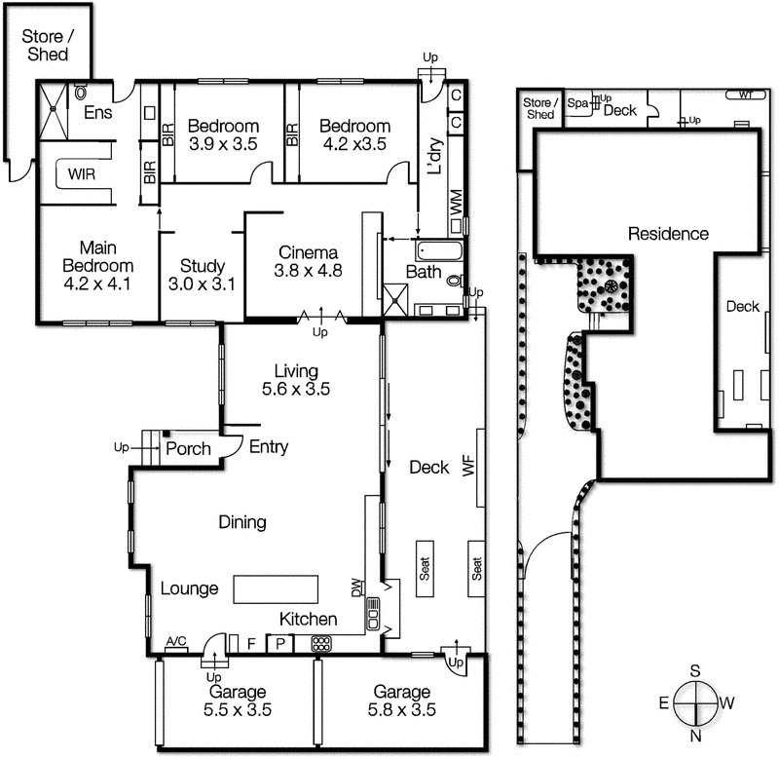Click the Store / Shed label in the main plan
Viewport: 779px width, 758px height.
tap(46, 46)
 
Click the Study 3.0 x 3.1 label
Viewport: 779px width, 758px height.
tap(203, 275)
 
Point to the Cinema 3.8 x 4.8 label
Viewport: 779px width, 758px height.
tap(310, 258)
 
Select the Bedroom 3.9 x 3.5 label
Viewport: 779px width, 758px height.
tap(223, 134)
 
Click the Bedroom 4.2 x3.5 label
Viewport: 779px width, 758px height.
tap(354, 134)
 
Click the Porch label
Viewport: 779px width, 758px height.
tap(188, 449)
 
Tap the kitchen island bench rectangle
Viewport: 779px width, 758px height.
tap(276, 589)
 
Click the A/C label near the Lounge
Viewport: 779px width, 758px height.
tap(176, 641)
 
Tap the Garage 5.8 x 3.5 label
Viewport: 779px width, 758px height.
tap(401, 701)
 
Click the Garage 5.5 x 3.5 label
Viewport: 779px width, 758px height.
tap(237, 701)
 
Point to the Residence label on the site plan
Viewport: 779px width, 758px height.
tap(667, 234)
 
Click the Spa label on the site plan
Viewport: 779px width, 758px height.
tap(577, 102)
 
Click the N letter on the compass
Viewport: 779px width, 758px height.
tap(695, 737)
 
